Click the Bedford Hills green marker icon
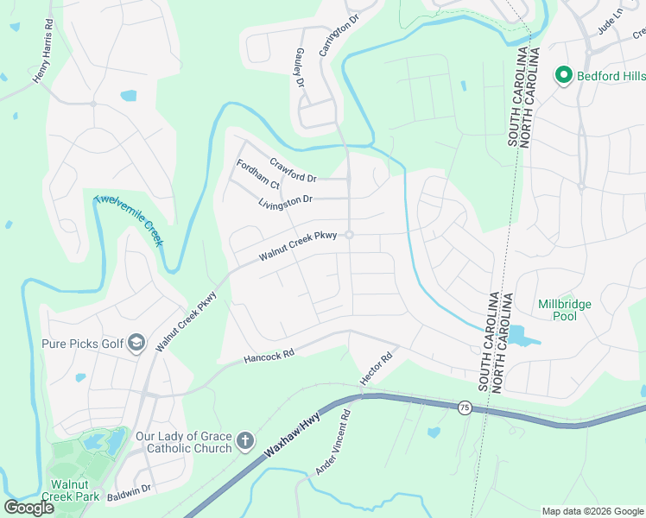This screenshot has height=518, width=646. click(564, 76)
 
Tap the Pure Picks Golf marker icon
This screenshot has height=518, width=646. click(136, 344)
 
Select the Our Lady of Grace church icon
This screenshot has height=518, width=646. click(245, 442)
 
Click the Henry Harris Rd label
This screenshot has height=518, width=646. click(49, 60)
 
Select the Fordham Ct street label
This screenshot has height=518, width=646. click(258, 174)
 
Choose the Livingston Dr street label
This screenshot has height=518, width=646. click(285, 200)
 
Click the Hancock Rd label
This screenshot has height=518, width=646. click(269, 354)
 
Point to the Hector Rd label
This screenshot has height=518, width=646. click(377, 368)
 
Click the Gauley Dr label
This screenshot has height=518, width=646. click(301, 67)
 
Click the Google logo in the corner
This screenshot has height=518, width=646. click(28, 508)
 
